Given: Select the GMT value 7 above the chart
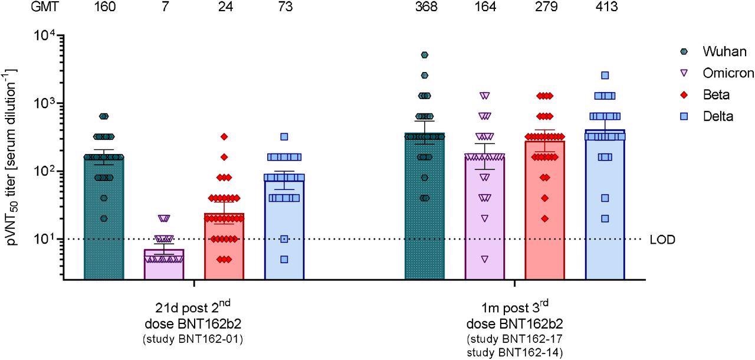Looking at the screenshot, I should (x=163, y=7).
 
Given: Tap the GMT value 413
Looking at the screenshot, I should (x=605, y=7).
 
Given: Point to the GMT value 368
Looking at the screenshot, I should (x=424, y=7).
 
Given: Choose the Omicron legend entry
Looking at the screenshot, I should (x=727, y=73).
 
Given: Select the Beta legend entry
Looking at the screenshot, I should (x=715, y=95).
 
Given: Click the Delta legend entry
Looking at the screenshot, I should (x=716, y=116).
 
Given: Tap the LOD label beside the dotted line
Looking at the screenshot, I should (x=663, y=240).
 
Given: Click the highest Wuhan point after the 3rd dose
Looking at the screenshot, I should (x=424, y=55).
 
